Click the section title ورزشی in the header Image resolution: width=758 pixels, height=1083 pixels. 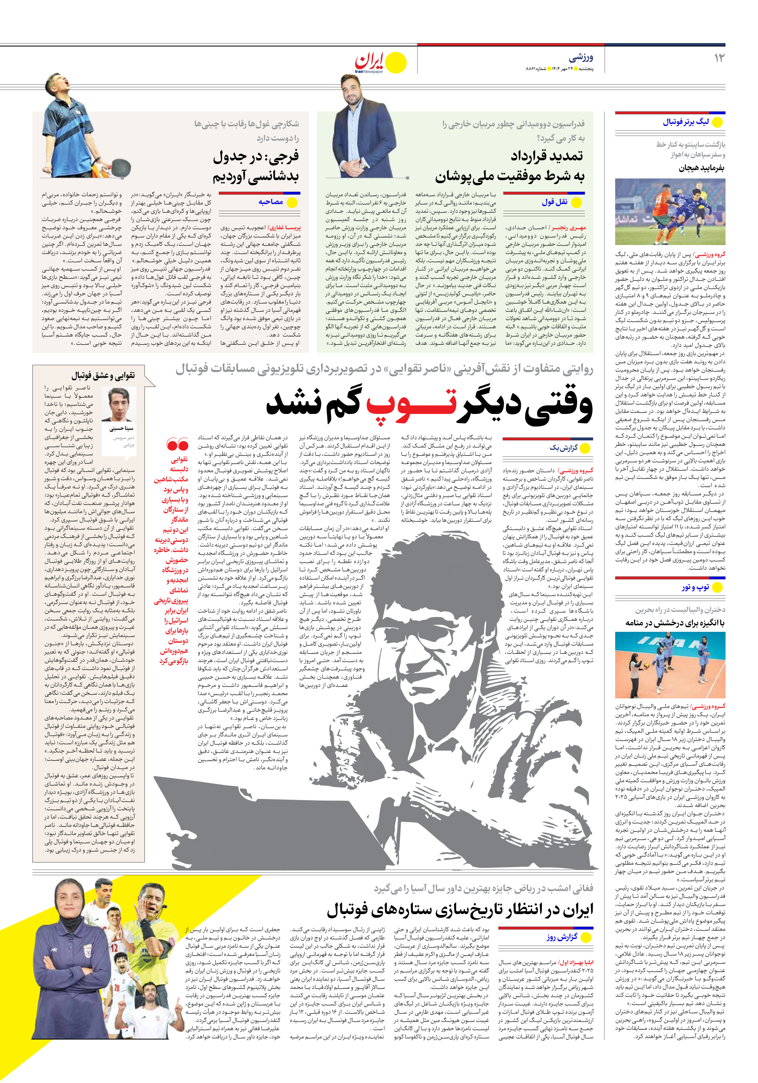(581, 58)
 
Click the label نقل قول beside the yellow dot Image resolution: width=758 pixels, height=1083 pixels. (554, 202)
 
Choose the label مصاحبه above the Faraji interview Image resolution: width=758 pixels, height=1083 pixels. (271, 202)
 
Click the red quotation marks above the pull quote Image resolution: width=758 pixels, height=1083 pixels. (178, 444)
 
